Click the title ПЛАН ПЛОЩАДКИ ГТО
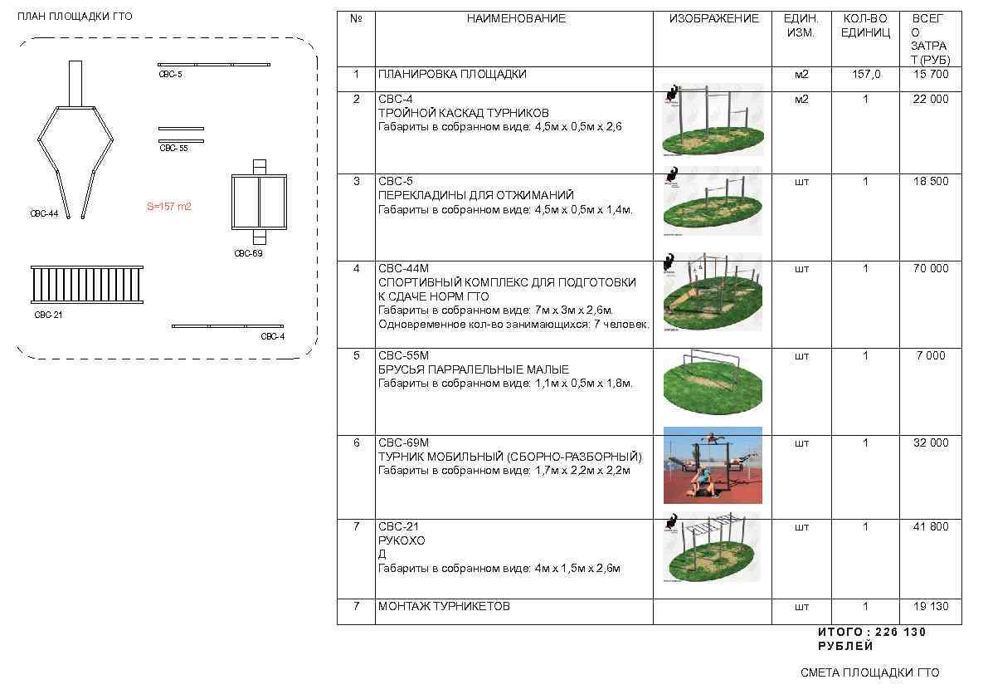[x=75, y=17]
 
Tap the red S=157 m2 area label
[x=169, y=207]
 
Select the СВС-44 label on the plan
[x=44, y=214]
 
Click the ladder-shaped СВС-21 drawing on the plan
[x=87, y=286]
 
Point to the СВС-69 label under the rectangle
[x=248, y=254]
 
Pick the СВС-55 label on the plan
[x=173, y=148]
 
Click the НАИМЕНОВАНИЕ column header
[x=515, y=18]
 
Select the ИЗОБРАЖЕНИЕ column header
[x=713, y=18]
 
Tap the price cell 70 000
[x=931, y=269]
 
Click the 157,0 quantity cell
[x=866, y=75]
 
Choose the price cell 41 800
[x=931, y=527]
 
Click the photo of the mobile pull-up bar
[x=713, y=465]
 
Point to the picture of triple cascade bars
[x=713, y=120]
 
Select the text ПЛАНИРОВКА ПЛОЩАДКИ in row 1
[x=452, y=75]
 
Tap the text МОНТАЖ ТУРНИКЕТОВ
[x=444, y=607]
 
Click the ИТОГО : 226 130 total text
[x=871, y=633]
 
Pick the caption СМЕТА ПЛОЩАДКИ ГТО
[x=870, y=673]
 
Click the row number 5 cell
[x=357, y=356]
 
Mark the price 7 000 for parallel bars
[x=931, y=356]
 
